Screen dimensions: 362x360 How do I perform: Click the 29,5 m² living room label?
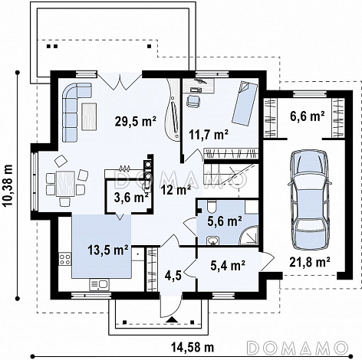(x=136, y=121)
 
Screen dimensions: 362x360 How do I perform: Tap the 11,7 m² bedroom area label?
(x=209, y=134)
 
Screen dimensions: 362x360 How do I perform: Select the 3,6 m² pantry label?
(x=131, y=197)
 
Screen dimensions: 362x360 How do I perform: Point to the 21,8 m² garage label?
(x=310, y=261)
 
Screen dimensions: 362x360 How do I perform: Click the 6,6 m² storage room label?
(x=308, y=116)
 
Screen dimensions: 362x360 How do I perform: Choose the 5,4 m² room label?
(x=228, y=265)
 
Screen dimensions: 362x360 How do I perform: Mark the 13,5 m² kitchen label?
(x=108, y=250)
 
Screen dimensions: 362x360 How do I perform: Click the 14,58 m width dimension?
(x=193, y=347)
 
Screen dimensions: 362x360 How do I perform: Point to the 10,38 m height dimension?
(x=8, y=185)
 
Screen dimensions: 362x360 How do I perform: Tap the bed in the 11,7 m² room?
(x=245, y=103)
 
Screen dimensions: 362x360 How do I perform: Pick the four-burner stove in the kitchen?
(x=65, y=258)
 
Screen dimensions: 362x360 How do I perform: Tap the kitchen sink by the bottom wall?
(x=99, y=284)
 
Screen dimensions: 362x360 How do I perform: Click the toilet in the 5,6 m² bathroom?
(x=212, y=207)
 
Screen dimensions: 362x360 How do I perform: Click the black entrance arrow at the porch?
(x=173, y=319)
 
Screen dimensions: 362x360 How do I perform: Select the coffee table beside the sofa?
(x=89, y=116)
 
